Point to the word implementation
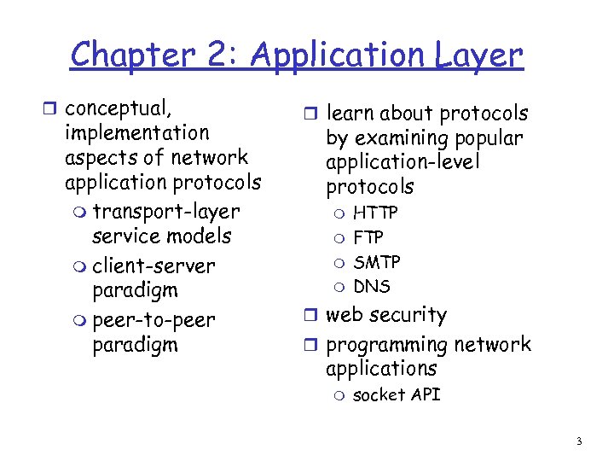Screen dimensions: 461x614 (x=136, y=133)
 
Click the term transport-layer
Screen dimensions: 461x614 (x=165, y=211)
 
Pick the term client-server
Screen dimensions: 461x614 (x=153, y=266)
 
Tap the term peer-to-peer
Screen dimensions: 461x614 (x=153, y=320)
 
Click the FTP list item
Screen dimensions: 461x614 (x=368, y=237)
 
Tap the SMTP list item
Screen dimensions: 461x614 (x=377, y=261)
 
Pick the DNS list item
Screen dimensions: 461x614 (x=372, y=286)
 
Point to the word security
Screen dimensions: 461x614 (x=408, y=315)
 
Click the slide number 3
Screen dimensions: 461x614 (x=579, y=441)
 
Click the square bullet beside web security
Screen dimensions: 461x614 (x=312, y=316)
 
